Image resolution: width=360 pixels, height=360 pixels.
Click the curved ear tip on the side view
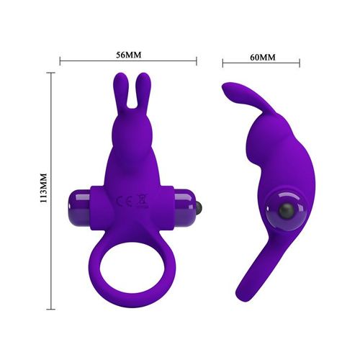[229, 91]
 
